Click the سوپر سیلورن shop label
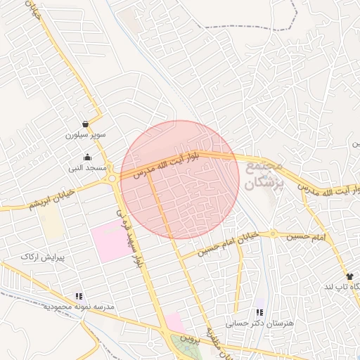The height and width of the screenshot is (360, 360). click(x=85, y=134)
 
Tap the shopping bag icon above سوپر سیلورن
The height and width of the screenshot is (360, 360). click(x=85, y=124)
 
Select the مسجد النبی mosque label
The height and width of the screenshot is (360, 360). click(x=86, y=168)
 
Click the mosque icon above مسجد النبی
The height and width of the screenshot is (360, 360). click(x=87, y=157)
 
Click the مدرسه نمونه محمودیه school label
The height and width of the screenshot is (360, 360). click(x=79, y=307)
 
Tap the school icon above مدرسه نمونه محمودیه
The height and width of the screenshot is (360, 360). click(x=79, y=297)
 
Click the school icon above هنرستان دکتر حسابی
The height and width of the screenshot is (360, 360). click(x=259, y=312)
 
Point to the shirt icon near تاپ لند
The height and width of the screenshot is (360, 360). click(x=350, y=276)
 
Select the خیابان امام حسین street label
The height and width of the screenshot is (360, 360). click(x=224, y=244)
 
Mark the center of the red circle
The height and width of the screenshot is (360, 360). click(x=180, y=180)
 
